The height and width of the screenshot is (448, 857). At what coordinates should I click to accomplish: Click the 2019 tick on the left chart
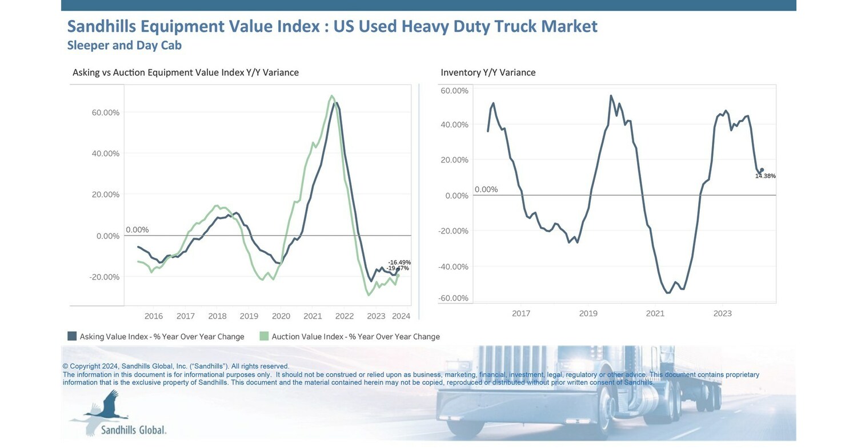[x=249, y=316]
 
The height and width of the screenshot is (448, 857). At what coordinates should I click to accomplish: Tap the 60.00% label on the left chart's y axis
[x=106, y=112]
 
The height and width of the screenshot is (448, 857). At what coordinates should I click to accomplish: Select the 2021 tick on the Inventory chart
[x=655, y=313]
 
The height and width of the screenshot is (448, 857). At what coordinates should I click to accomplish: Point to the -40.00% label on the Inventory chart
[x=453, y=267]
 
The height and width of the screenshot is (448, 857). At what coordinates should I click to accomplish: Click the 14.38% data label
[x=765, y=176]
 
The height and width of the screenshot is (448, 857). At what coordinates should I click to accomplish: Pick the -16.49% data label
[x=399, y=262]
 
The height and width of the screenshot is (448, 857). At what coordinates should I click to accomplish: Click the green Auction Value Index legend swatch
[x=263, y=336]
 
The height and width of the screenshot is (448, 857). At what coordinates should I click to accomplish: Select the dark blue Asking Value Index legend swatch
[x=72, y=336]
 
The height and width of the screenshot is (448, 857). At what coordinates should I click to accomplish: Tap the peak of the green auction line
[x=331, y=96]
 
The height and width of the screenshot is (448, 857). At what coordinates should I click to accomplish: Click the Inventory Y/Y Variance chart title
[x=488, y=72]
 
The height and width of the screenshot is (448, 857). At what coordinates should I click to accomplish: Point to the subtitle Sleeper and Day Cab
[x=124, y=45]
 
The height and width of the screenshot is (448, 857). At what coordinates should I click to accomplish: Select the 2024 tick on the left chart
[x=401, y=316]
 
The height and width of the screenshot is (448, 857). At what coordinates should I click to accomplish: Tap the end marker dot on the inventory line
[x=762, y=170]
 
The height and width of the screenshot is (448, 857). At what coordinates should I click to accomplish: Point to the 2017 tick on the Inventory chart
[x=521, y=313]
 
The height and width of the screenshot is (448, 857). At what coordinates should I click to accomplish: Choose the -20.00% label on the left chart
[x=106, y=277]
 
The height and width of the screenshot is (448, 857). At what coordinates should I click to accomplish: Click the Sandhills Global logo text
[x=133, y=430]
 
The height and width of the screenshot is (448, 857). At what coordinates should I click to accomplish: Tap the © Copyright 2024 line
[x=175, y=366]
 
